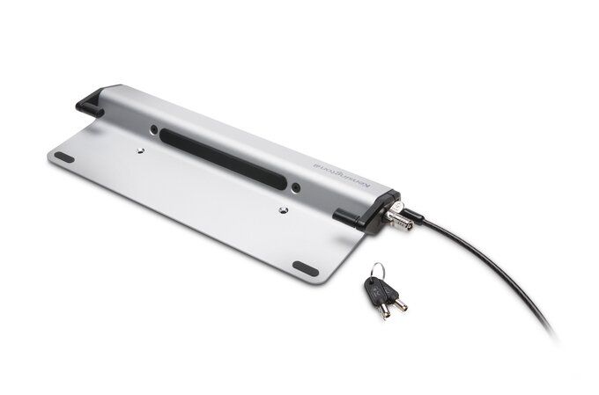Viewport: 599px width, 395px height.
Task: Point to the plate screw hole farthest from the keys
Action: (142, 151)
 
